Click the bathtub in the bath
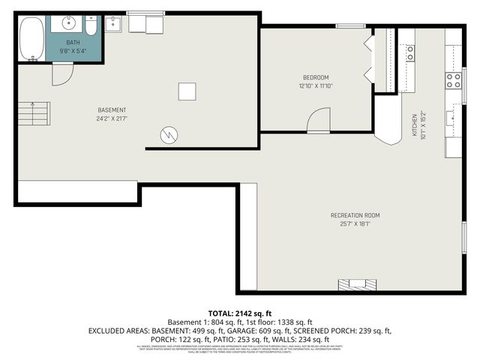tap(31, 39)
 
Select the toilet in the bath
tap(91, 25)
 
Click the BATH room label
tap(73, 43)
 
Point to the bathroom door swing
tap(63, 73)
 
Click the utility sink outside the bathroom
tap(114, 25)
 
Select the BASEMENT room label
tap(111, 110)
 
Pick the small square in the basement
tap(187, 91)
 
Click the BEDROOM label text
tap(316, 77)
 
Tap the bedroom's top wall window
tap(350, 27)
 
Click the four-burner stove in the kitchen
tap(454, 79)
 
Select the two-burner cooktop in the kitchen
tap(410, 52)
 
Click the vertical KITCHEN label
tap(413, 125)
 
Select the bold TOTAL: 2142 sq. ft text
tap(239, 312)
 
